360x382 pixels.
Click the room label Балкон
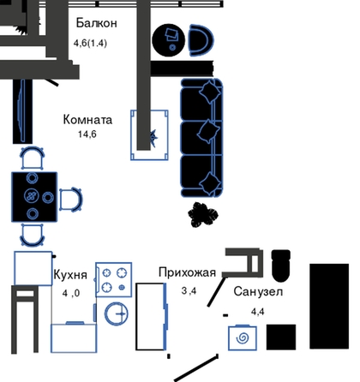97,23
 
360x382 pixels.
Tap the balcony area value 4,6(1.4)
90,43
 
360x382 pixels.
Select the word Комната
87,120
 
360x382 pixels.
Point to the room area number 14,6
87,134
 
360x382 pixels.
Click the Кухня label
70,275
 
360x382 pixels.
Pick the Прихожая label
188,272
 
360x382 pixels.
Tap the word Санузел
258,291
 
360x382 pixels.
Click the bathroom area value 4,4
258,312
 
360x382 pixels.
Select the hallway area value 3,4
189,290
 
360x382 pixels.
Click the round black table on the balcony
169,40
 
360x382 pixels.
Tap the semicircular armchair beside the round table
201,40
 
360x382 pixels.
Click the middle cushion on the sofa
208,131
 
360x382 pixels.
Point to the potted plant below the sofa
203,214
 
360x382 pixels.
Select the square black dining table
34,197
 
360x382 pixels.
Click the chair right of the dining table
70,200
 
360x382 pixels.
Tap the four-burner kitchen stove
114,280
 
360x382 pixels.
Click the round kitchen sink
117,314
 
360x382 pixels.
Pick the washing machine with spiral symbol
243,338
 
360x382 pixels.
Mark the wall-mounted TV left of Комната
22,110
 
